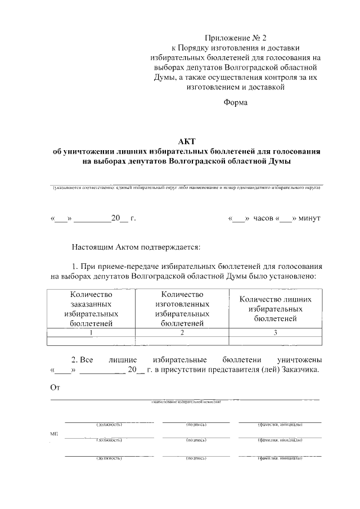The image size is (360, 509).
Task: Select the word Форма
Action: (x=235, y=102)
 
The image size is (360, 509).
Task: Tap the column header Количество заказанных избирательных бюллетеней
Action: (x=91, y=309)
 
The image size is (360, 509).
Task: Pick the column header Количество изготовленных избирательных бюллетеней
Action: (x=182, y=309)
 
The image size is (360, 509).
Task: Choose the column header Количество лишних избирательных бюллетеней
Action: (x=276, y=309)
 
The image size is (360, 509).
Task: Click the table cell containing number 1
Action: (x=91, y=332)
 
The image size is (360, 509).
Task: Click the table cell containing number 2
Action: (x=182, y=332)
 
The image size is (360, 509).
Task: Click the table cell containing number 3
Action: (x=276, y=332)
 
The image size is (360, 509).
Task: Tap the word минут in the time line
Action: (x=309, y=218)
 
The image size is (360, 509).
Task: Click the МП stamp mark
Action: (x=54, y=435)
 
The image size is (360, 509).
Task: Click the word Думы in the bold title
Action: (x=280, y=161)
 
